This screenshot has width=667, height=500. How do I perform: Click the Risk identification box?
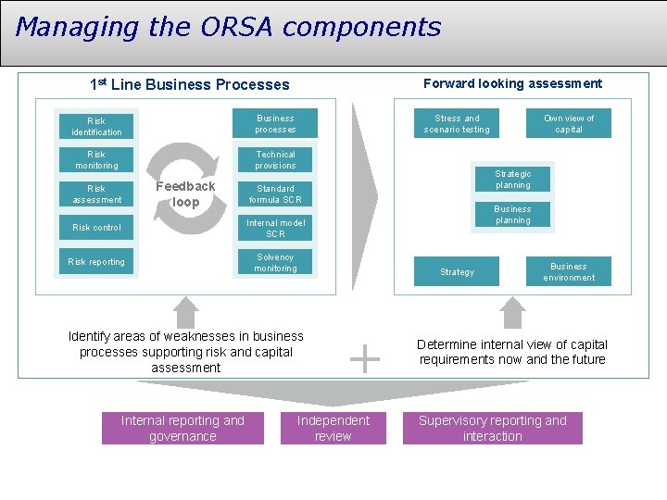click(x=96, y=127)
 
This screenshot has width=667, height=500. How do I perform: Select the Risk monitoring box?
click(x=96, y=160)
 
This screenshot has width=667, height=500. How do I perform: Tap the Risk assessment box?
click(x=96, y=194)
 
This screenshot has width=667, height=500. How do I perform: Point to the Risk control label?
click(x=96, y=228)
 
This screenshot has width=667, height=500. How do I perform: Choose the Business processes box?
click(x=275, y=123)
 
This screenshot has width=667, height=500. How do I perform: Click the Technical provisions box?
click(x=275, y=160)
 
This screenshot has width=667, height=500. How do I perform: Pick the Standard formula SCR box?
click(x=275, y=194)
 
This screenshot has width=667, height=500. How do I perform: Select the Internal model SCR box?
click(x=275, y=228)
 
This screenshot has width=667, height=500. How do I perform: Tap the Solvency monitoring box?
click(x=275, y=262)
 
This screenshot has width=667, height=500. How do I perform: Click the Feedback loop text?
click(x=185, y=194)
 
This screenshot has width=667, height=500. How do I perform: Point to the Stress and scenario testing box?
click(x=457, y=123)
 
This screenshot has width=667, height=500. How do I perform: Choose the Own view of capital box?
click(x=569, y=123)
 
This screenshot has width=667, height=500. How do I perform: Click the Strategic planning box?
click(x=512, y=179)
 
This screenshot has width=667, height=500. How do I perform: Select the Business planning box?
click(x=512, y=215)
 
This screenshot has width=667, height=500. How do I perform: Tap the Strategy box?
click(x=457, y=271)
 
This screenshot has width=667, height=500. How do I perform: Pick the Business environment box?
click(x=569, y=271)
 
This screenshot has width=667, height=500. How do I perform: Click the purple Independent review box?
click(x=333, y=428)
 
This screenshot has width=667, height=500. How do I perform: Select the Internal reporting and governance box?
click(x=182, y=428)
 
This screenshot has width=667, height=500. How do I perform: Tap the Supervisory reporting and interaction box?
click(x=492, y=428)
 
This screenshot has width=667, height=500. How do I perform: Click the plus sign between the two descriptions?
click(x=367, y=358)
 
